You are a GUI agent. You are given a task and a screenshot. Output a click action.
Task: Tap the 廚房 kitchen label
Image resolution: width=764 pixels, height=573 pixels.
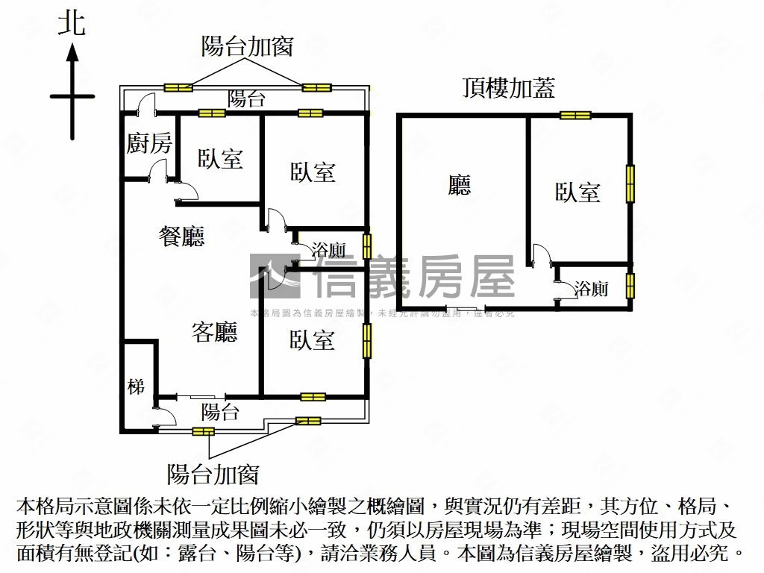(148, 143)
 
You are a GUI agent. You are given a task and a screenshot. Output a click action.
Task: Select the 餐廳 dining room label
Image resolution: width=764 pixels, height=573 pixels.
(182, 237)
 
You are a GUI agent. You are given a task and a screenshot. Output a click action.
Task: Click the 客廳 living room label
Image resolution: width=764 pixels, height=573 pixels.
(214, 332)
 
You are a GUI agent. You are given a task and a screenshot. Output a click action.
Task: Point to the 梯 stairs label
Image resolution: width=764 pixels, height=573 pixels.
(136, 387)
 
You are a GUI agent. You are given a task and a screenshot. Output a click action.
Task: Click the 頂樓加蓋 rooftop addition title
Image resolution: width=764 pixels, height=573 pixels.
(508, 89)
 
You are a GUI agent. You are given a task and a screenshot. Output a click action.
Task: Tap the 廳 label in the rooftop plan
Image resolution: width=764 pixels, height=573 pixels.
(460, 185)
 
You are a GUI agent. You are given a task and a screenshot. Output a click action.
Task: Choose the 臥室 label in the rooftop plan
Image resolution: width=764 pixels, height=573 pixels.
(577, 192)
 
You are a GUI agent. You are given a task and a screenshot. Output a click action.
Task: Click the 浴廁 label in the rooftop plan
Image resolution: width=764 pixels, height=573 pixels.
(591, 289)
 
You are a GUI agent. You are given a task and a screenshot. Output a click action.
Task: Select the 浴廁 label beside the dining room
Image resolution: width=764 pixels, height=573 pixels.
(328, 249)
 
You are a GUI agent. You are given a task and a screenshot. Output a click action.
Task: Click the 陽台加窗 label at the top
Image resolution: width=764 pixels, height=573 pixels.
(247, 46)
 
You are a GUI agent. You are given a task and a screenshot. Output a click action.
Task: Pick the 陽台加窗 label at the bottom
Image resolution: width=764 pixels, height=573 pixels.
(213, 473)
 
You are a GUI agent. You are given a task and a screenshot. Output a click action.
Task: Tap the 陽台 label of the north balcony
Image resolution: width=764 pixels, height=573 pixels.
(246, 99)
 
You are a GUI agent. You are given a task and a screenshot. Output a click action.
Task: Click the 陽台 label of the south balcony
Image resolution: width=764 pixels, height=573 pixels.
(220, 411)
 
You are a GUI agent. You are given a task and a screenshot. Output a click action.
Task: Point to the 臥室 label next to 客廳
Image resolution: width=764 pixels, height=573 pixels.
(312, 340)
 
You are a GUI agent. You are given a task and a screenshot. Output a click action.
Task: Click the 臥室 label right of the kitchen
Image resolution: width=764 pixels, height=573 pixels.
(220, 158)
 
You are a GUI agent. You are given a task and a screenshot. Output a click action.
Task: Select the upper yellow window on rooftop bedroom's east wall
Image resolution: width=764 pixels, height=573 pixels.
(630, 184)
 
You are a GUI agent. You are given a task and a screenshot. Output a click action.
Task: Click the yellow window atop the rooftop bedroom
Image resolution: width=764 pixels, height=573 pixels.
(575, 115)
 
